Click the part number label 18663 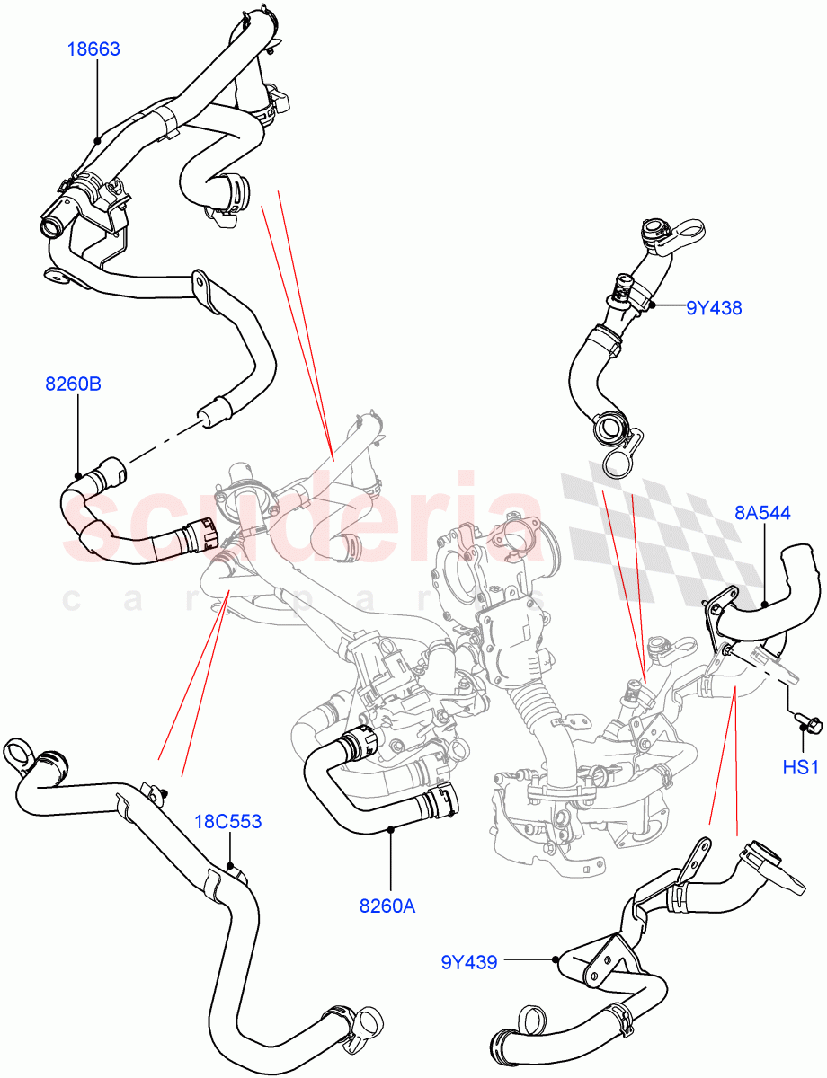pos(93,49)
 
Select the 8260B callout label pos(73,384)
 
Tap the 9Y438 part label pos(714,307)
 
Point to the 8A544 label pos(762,513)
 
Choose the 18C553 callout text pos(229,821)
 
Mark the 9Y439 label pos(470,962)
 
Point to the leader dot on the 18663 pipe pos(96,141)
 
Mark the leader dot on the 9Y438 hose pos(654,306)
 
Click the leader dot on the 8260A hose pos(391,831)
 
